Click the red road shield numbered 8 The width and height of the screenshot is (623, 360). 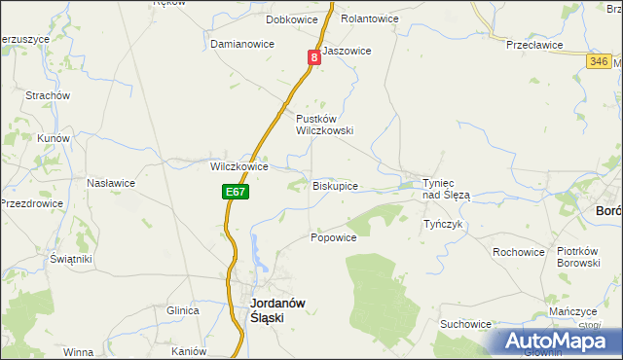(314, 58)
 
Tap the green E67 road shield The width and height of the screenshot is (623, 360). (235, 193)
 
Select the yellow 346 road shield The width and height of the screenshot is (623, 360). (600, 61)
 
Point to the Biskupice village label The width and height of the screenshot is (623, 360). (335, 185)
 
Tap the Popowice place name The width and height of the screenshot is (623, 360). (334, 237)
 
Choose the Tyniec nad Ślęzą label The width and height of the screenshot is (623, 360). (446, 189)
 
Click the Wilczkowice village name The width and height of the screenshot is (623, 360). (239, 166)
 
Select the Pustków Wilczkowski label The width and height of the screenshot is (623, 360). (324, 124)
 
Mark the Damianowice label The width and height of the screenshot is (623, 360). (242, 44)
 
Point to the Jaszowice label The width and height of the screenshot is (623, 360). (347, 51)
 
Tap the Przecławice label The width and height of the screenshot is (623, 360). (535, 44)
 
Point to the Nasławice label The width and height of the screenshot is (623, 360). (110, 183)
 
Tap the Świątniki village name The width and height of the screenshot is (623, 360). (71, 260)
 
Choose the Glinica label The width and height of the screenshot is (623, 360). (182, 310)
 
